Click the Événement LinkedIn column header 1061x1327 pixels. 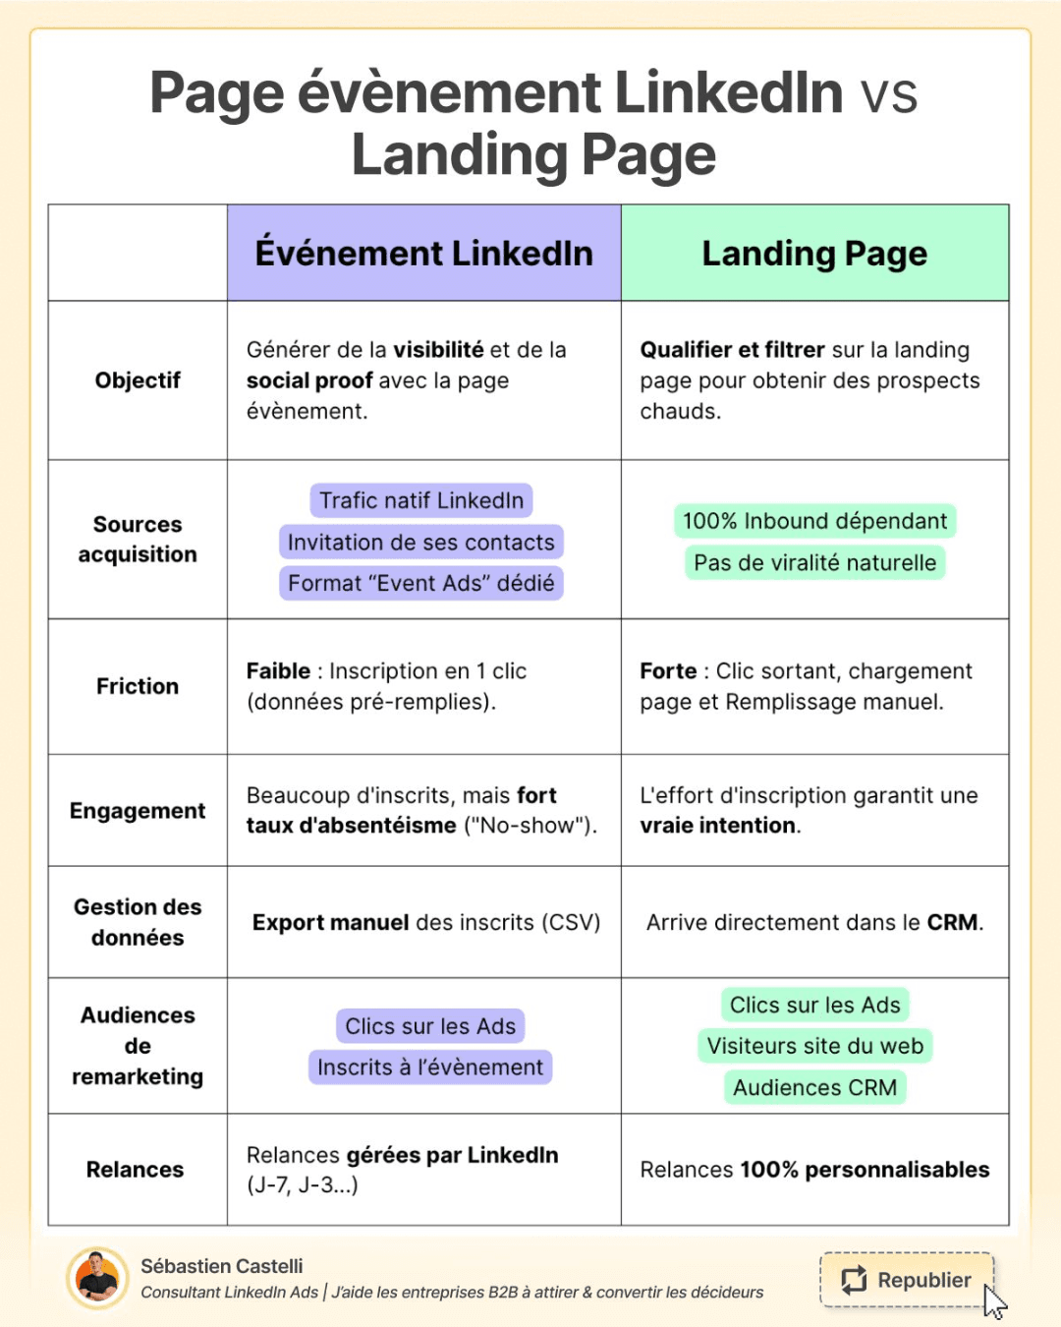[x=424, y=253]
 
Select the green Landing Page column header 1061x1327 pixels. [x=815, y=253]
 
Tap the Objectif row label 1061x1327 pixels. [x=138, y=380]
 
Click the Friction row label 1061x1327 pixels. [x=138, y=686]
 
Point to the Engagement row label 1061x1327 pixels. [x=138, y=811]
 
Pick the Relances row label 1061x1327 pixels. [x=135, y=1169]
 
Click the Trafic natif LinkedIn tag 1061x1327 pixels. [x=421, y=500]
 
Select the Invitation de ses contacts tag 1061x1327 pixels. [x=421, y=542]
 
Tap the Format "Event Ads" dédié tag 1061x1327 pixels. [x=421, y=583]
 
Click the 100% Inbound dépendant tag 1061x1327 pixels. [x=815, y=521]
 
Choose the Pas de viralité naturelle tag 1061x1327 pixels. [x=815, y=562]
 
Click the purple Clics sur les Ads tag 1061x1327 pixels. [x=430, y=1026]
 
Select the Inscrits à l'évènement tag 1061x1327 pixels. [x=430, y=1067]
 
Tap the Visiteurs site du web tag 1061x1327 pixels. [x=815, y=1046]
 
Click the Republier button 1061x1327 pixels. [x=906, y=1280]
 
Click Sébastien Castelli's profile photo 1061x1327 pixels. [x=97, y=1278]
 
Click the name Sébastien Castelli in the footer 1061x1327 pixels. [x=222, y=1266]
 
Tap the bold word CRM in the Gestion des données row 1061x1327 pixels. [x=953, y=922]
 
